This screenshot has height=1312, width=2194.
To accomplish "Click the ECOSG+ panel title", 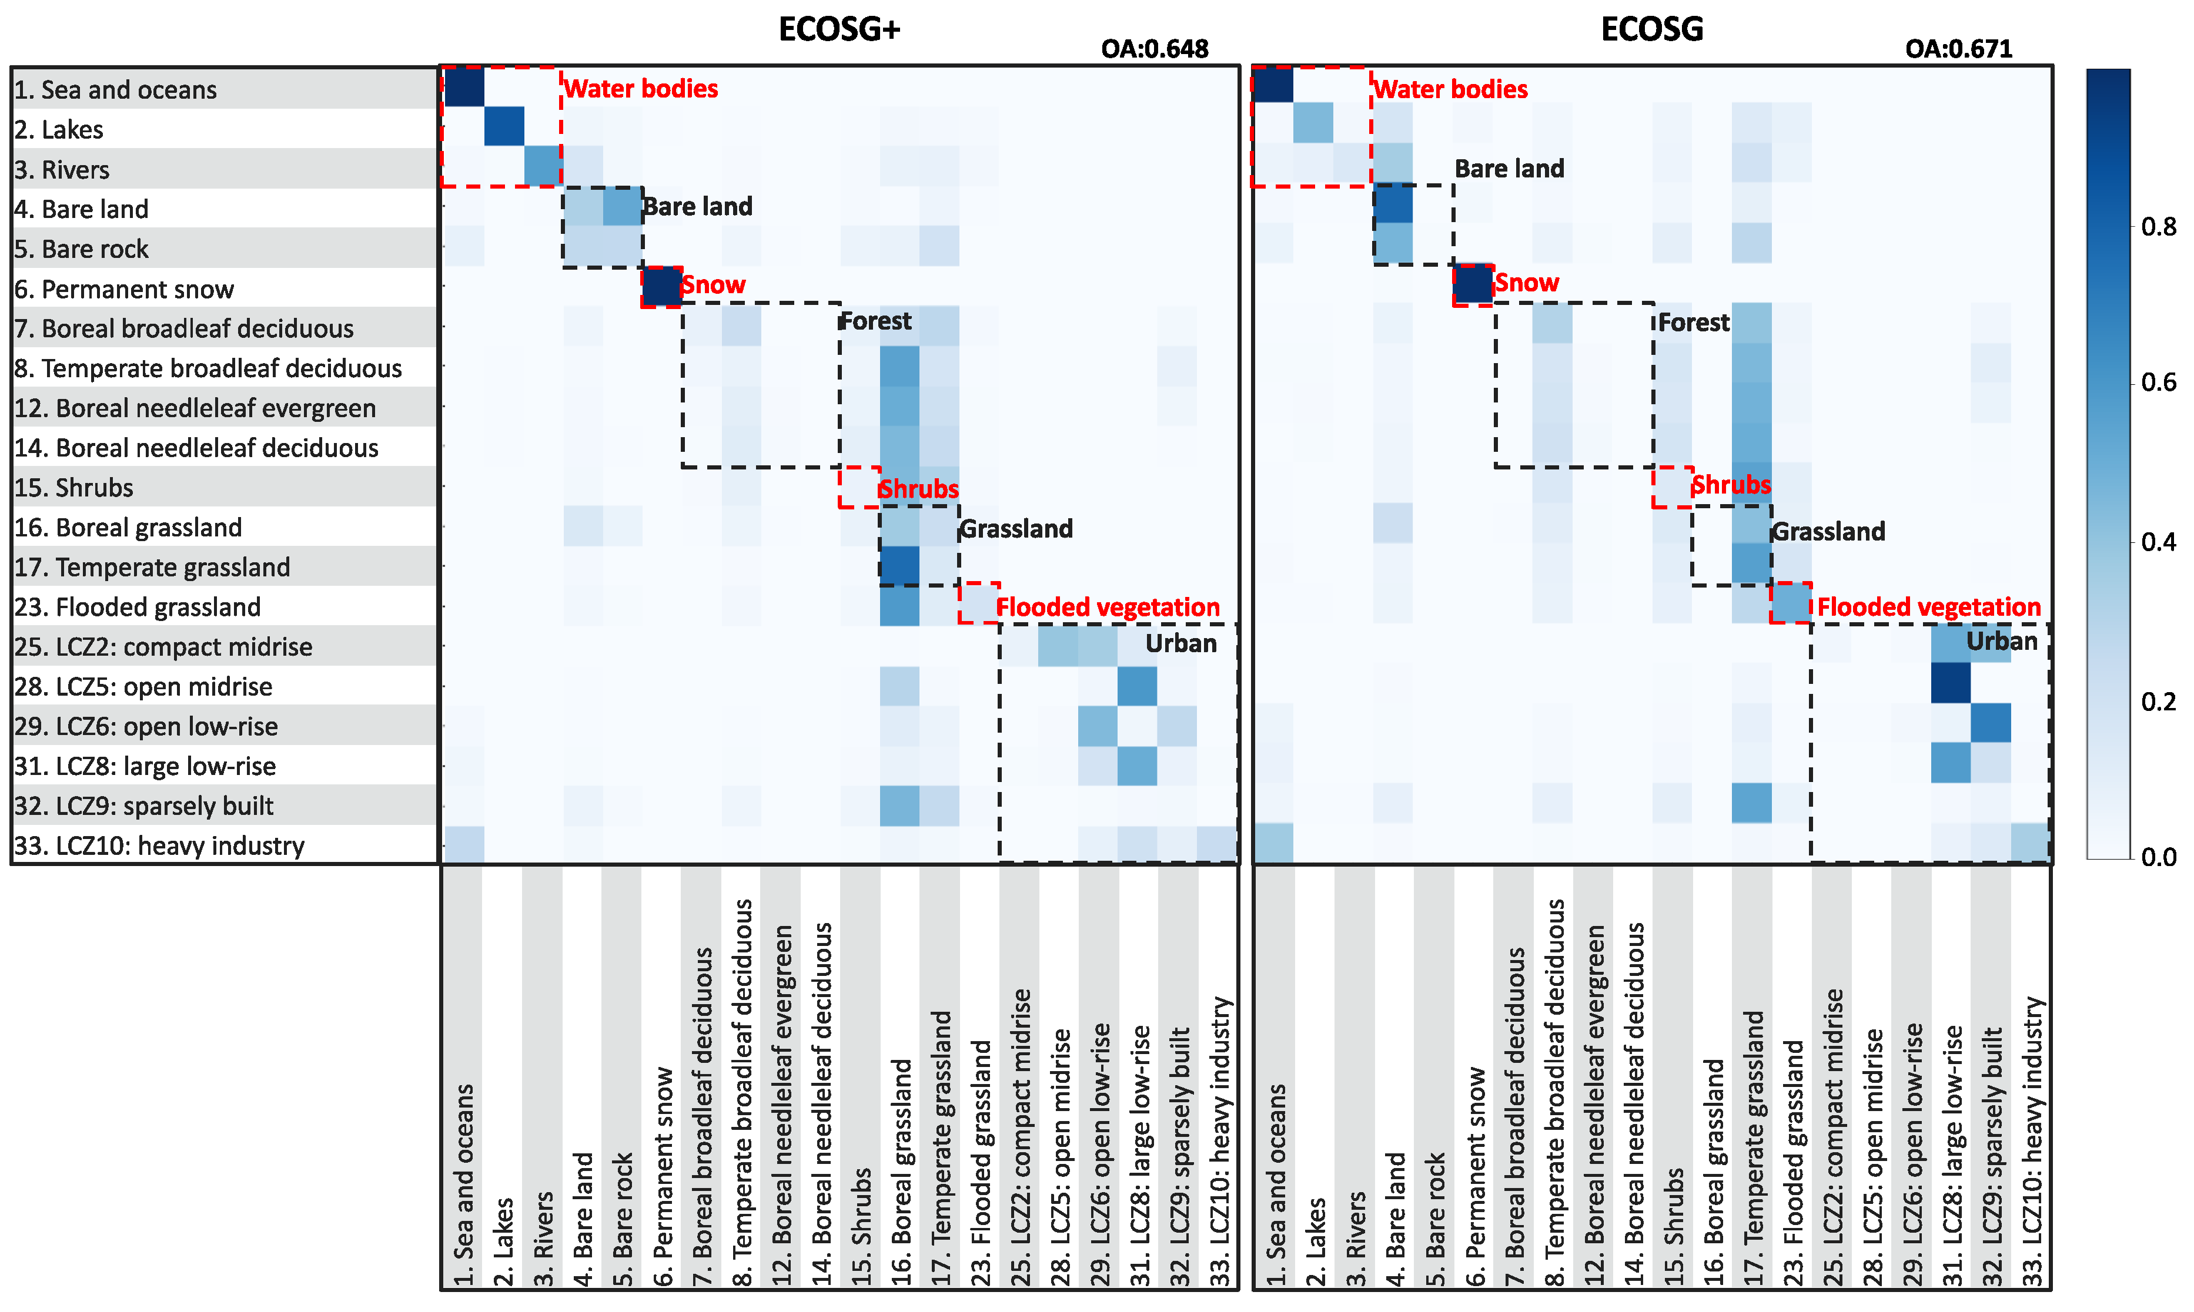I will tap(838, 29).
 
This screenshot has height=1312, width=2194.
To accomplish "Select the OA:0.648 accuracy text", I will tap(1154, 49).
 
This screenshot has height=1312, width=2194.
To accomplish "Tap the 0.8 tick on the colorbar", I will tap(2159, 227).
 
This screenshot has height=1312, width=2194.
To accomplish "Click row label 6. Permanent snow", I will tap(124, 289).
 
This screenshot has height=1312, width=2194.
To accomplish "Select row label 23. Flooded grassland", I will tap(137, 608).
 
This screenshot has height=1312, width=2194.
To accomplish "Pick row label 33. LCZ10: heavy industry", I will tap(159, 846).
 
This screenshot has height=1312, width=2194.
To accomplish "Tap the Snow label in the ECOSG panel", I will tap(1526, 283).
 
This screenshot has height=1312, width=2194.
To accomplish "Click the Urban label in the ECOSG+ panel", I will tap(1180, 643).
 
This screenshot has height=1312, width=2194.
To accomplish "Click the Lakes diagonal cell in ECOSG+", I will tap(504, 126).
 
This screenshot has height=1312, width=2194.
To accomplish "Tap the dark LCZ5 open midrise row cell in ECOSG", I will tap(1950, 683).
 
